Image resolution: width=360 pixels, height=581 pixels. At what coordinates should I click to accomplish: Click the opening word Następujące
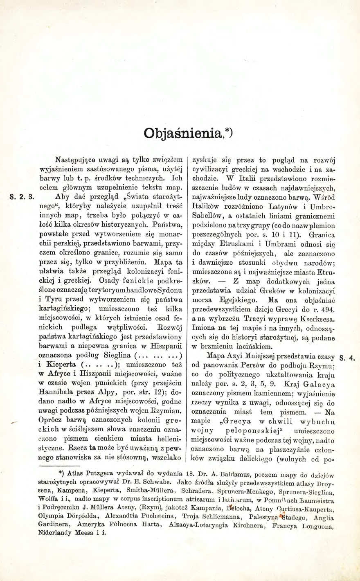tap(74, 160)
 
